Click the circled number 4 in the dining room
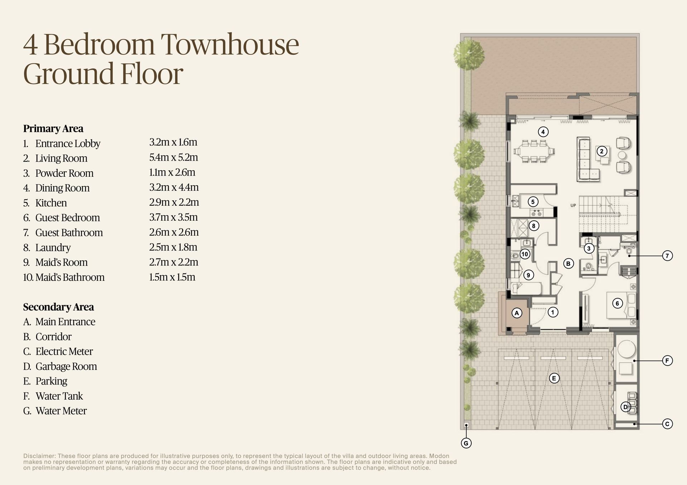543,132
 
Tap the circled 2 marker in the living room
601,151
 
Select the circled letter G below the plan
466,443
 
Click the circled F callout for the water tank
667,361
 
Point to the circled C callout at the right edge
667,424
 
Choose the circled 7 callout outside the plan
667,256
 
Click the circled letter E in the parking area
554,378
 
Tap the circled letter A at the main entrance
516,313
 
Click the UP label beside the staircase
573,206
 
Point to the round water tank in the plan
626,348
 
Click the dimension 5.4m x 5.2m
174,157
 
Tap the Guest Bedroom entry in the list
67,218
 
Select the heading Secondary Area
58,307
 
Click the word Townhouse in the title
230,45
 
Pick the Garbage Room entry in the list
66,366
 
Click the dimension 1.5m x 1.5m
172,277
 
